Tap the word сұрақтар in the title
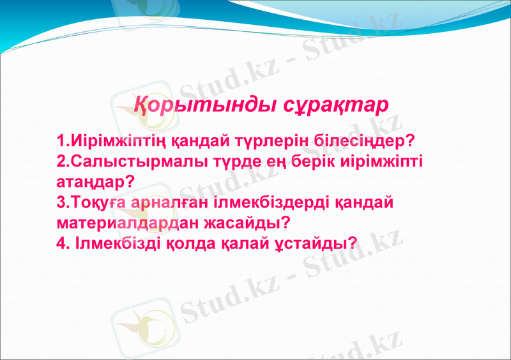coord(336,105)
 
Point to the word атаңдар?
coord(95,182)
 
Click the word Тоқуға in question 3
coord(100,203)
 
